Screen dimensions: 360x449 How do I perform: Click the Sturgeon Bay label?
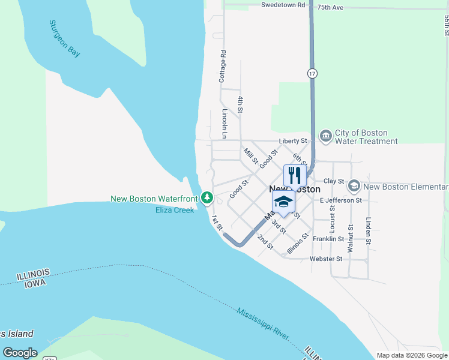pos(64,39)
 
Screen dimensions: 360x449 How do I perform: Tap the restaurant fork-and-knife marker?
pos(294,175)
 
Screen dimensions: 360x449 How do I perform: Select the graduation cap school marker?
pos(283,202)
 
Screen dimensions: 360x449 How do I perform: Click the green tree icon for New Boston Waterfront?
pos(206,197)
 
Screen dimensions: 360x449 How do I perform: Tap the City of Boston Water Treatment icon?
pos(325,136)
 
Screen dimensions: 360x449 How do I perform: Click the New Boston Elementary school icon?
pos(354,186)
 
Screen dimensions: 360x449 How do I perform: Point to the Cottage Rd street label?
pos(223,66)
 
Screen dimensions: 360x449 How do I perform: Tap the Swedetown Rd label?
pos(283,5)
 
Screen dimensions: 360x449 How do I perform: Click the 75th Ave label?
pos(330,8)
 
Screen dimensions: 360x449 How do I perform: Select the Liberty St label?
pos(292,142)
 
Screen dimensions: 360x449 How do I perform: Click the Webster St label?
pos(325,259)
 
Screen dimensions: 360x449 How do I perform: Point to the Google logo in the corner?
pos(20,353)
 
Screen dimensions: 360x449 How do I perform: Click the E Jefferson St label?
pos(340,200)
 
